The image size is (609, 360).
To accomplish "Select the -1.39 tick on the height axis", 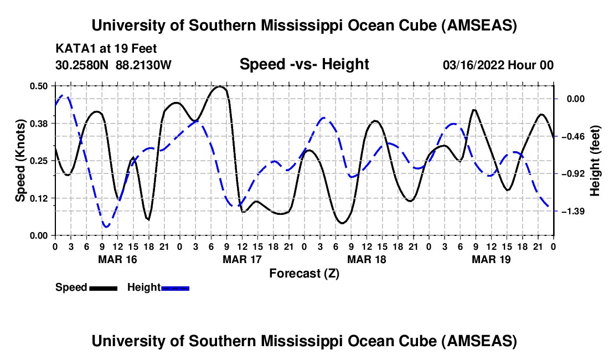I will [576, 212].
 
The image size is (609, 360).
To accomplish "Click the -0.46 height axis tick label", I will [576, 136].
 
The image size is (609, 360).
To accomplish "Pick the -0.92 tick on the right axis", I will [576, 174].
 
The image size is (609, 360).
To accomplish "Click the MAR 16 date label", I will [117, 259].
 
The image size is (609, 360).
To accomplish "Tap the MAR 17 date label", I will [242, 259].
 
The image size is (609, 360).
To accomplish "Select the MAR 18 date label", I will [367, 259].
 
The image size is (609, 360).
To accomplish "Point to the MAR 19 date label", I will [491, 259].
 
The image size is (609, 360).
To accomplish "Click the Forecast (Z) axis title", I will [304, 273].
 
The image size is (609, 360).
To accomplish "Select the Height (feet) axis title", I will [596, 161].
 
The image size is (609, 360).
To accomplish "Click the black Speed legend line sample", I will [103, 288].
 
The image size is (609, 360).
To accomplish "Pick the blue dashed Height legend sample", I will [175, 288].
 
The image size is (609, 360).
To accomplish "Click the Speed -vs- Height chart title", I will [304, 65].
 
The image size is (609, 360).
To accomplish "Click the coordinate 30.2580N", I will [83, 65].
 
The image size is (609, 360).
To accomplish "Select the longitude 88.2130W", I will [144, 65].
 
